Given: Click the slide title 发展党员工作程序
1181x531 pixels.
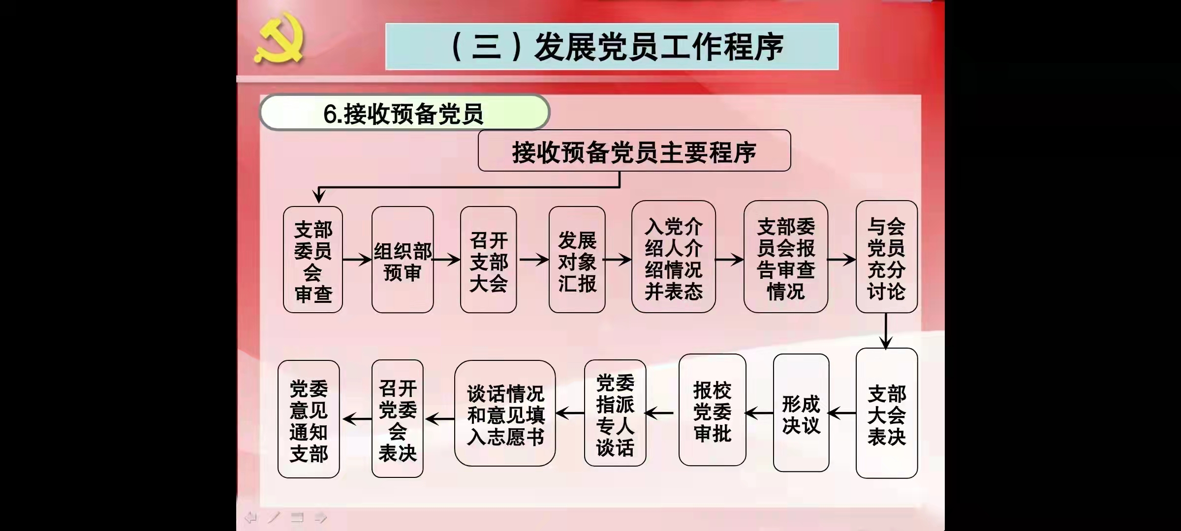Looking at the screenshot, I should [x=612, y=47].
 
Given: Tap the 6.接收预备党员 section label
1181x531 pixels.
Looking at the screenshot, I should [x=404, y=113].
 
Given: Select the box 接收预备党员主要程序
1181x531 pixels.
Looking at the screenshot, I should [x=634, y=151].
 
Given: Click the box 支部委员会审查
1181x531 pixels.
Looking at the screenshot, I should [x=313, y=260].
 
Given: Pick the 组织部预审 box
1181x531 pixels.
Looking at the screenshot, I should [x=403, y=260].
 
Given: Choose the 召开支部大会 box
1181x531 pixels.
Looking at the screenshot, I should [x=488, y=260].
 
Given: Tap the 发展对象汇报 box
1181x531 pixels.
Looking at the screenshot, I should [x=577, y=260].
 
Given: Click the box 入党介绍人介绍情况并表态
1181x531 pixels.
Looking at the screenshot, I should [x=673, y=257].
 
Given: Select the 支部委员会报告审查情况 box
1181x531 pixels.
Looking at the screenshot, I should [x=785, y=257].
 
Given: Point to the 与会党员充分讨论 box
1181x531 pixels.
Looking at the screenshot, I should [x=886, y=257].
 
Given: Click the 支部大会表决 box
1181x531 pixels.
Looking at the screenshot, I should [x=886, y=413].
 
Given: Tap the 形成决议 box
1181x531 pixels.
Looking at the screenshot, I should [x=801, y=413].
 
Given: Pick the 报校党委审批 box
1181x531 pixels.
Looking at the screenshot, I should [x=712, y=411].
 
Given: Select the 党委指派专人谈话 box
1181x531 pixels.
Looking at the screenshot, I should [x=615, y=413].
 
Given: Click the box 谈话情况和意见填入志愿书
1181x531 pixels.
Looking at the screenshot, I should [x=505, y=413].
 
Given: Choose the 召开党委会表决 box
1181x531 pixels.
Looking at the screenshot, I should [x=397, y=419].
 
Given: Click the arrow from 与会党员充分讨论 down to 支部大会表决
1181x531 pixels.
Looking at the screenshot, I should [x=886, y=331].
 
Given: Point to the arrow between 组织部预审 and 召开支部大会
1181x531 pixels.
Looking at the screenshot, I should [x=446, y=259].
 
